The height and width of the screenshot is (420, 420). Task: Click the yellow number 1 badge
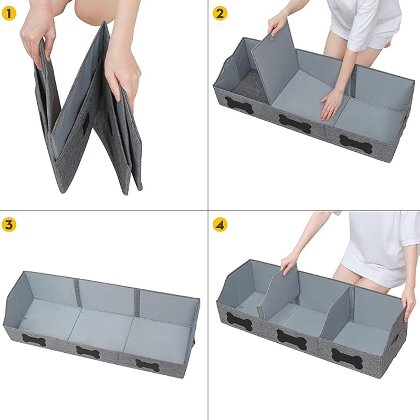[8, 14]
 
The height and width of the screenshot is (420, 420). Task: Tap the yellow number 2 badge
[220, 14]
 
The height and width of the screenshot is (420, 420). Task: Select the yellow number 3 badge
[8, 225]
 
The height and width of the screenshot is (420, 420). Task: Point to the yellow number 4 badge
[220, 225]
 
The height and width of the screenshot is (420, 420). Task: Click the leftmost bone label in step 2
[239, 106]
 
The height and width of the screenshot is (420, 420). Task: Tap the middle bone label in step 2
[295, 124]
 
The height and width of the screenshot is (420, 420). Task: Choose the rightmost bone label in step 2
[355, 144]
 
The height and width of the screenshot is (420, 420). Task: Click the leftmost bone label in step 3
[34, 340]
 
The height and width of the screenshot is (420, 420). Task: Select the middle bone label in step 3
[88, 352]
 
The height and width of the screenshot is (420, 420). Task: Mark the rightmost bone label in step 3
[148, 365]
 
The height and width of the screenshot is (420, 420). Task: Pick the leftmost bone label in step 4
[239, 322]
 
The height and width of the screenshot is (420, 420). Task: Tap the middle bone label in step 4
[292, 340]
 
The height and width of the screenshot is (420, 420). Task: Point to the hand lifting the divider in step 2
[277, 24]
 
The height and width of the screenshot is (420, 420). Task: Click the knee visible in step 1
[88, 13]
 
